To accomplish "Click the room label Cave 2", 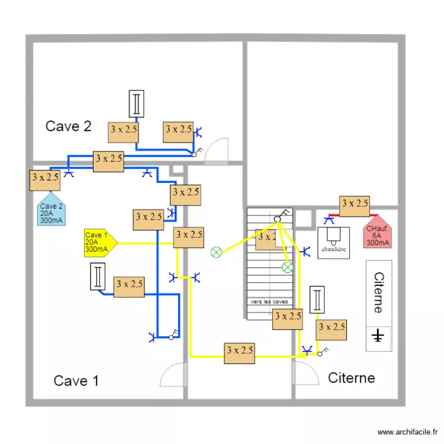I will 69,126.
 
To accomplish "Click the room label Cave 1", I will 76,381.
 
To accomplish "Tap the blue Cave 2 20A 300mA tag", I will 51,211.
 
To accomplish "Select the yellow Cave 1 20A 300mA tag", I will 99,242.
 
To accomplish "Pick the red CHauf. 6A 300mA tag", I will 378,233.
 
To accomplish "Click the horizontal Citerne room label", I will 351,378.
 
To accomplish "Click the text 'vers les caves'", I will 269,302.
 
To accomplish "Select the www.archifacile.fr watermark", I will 408,433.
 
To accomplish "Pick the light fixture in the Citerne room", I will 317,300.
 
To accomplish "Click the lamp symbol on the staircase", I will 288,268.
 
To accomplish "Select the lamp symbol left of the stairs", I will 216,252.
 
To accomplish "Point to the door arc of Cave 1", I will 172,376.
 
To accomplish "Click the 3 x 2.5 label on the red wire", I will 355,204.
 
